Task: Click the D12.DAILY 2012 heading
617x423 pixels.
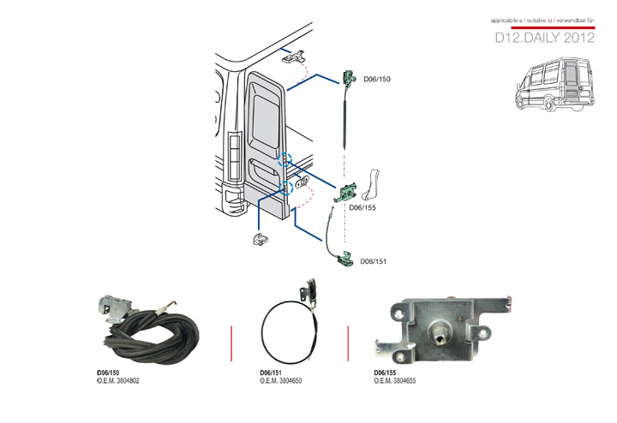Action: point(545,39)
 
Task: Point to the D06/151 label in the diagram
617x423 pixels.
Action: point(374,261)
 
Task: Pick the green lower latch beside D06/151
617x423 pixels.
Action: point(348,259)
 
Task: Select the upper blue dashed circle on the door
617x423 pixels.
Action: point(287,158)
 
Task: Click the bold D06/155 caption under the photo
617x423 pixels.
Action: point(386,373)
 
